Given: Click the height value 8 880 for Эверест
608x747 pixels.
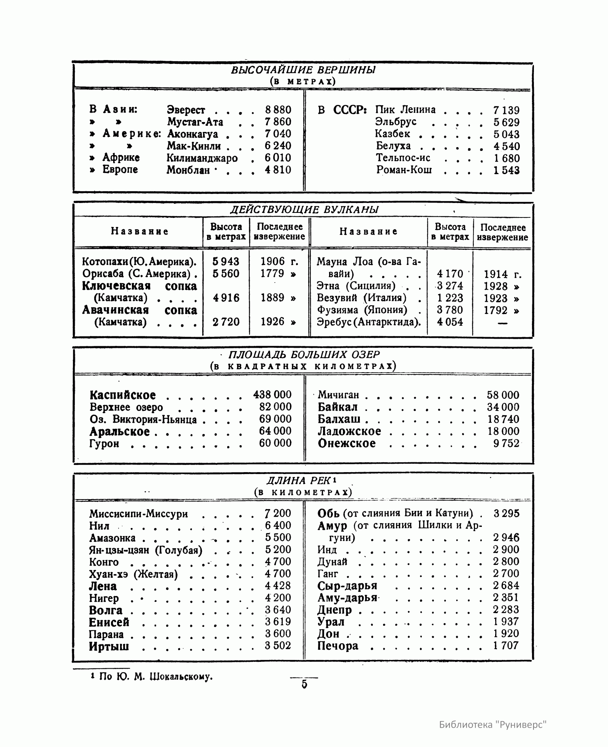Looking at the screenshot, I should click(x=278, y=110).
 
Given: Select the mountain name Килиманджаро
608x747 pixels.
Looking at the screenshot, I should click(x=202, y=158).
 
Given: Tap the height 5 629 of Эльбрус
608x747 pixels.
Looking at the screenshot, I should click(x=506, y=122).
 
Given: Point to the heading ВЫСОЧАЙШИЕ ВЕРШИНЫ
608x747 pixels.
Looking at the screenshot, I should click(x=303, y=70).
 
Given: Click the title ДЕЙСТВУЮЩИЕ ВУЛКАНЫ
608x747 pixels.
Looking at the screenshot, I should click(x=304, y=210).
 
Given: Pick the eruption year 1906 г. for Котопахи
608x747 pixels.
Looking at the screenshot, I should click(x=279, y=262).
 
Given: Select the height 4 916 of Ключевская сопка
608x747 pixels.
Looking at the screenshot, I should click(x=226, y=298).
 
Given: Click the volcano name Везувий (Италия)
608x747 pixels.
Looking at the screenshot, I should click(x=362, y=298).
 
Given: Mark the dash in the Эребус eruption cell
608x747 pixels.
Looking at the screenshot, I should click(x=502, y=323).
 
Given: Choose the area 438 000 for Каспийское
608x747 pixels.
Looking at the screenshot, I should click(x=272, y=395).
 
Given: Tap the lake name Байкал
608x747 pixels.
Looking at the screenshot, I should click(x=338, y=407).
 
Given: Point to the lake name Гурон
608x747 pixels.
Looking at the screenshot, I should click(x=104, y=444).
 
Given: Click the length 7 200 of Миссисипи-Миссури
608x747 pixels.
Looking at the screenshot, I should click(x=278, y=513).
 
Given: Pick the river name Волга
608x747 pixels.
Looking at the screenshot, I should click(x=106, y=610).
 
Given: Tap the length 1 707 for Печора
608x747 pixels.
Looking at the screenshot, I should click(x=506, y=645).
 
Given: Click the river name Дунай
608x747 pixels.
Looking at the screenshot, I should click(x=332, y=561).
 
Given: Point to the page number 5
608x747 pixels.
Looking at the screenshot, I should click(x=304, y=685).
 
